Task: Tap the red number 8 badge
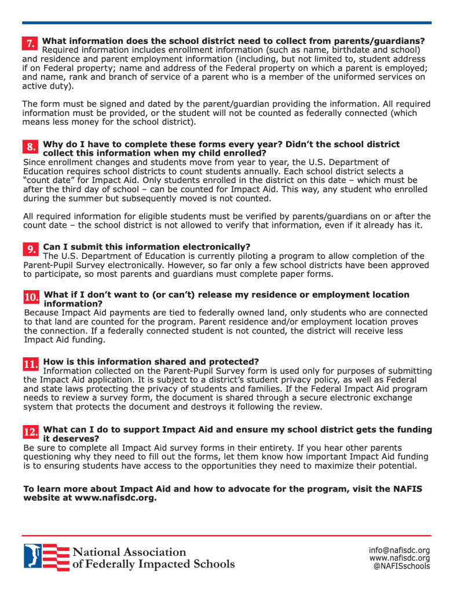(x=31, y=147)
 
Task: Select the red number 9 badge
(x=31, y=249)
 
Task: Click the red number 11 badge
(x=31, y=364)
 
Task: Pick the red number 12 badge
(x=31, y=432)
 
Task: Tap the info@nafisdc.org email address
(x=399, y=550)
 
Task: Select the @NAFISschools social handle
(x=402, y=566)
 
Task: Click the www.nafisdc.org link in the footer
(x=399, y=558)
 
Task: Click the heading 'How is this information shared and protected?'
(x=151, y=361)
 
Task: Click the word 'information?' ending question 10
(x=74, y=303)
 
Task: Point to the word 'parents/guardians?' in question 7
(x=377, y=41)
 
